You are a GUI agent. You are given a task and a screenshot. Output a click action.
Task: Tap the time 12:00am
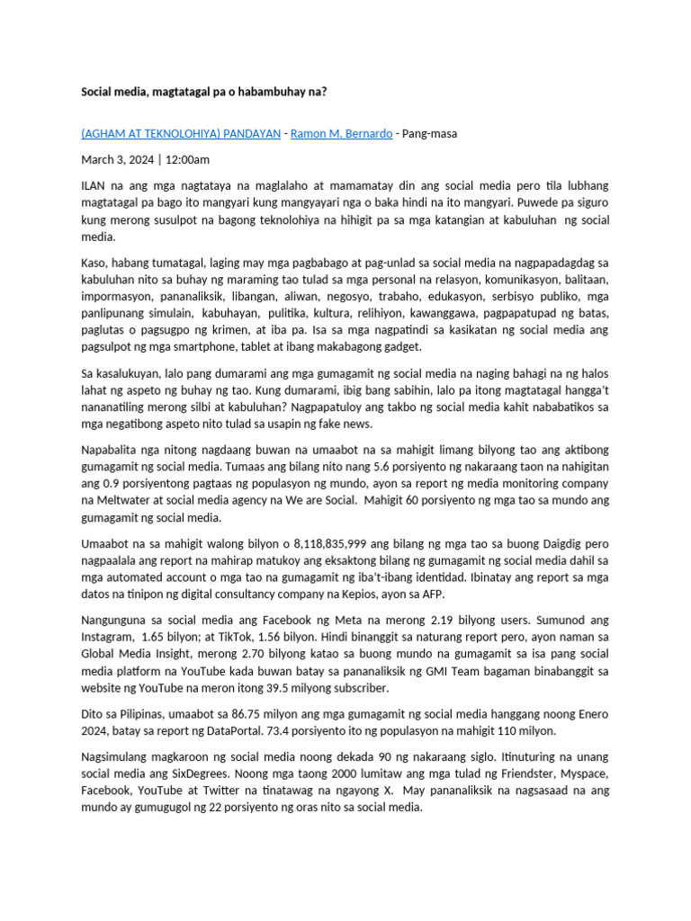point(186,160)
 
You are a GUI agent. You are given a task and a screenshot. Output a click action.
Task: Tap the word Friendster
point(516,775)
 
